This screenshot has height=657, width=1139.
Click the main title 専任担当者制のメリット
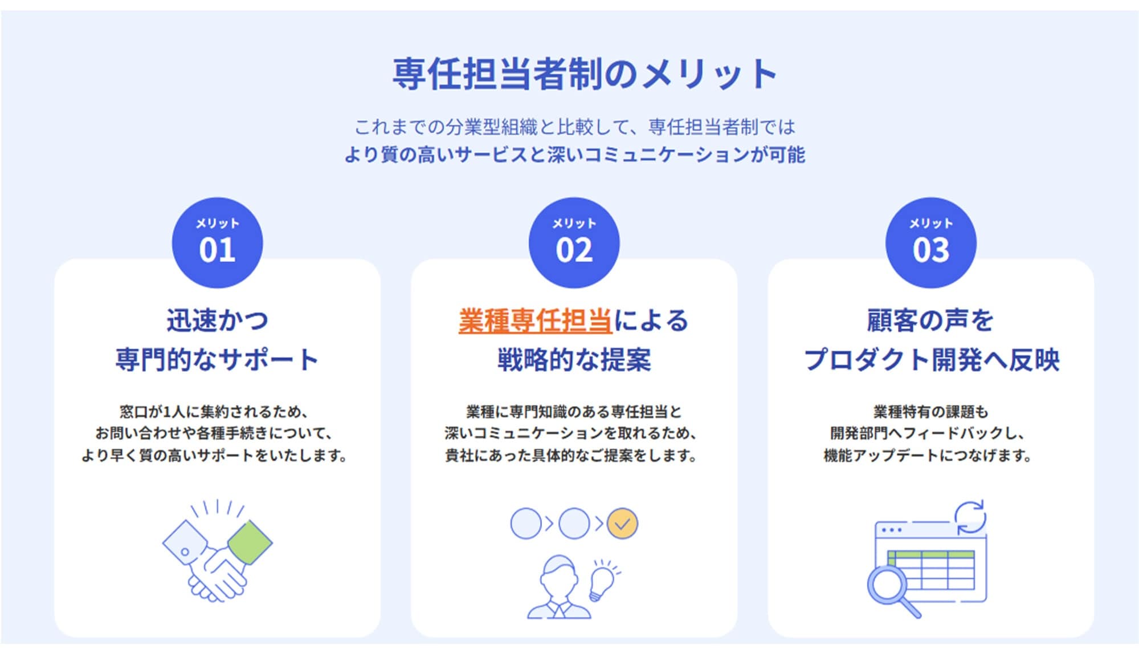coord(584,74)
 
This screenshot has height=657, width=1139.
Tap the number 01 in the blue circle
coord(217,250)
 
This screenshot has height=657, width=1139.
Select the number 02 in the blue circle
coord(574,250)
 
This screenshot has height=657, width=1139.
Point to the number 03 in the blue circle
coord(931,250)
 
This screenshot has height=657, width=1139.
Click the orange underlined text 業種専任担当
coord(536,321)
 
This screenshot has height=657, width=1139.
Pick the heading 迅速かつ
coord(217,321)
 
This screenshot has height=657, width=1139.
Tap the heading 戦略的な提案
coord(574,360)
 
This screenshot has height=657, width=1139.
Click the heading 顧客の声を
coord(930,321)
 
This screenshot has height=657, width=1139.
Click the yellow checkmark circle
coord(622,524)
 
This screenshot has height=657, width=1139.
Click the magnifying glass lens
coord(887,585)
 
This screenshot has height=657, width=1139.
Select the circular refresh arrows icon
coord(970,517)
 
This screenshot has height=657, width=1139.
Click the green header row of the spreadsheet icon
coord(931,554)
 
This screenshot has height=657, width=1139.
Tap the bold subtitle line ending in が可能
coord(574,155)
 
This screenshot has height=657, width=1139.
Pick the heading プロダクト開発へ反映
coord(931,360)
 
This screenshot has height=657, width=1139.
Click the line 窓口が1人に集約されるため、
coord(214,411)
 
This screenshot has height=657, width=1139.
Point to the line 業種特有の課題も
coord(930,411)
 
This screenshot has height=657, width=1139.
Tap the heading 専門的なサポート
coord(217,360)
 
